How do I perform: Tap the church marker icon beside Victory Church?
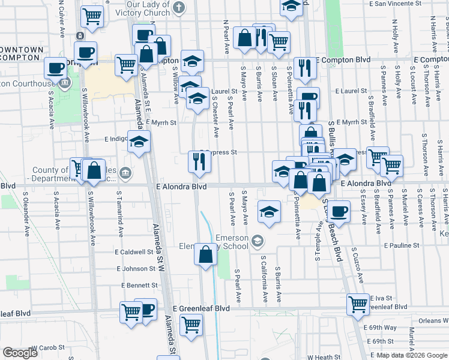tap(178, 8)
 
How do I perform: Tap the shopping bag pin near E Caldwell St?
tap(206, 254)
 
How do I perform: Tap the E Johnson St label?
tap(139, 268)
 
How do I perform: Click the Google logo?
tap(20, 353)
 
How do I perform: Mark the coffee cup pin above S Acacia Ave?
tap(56, 68)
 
